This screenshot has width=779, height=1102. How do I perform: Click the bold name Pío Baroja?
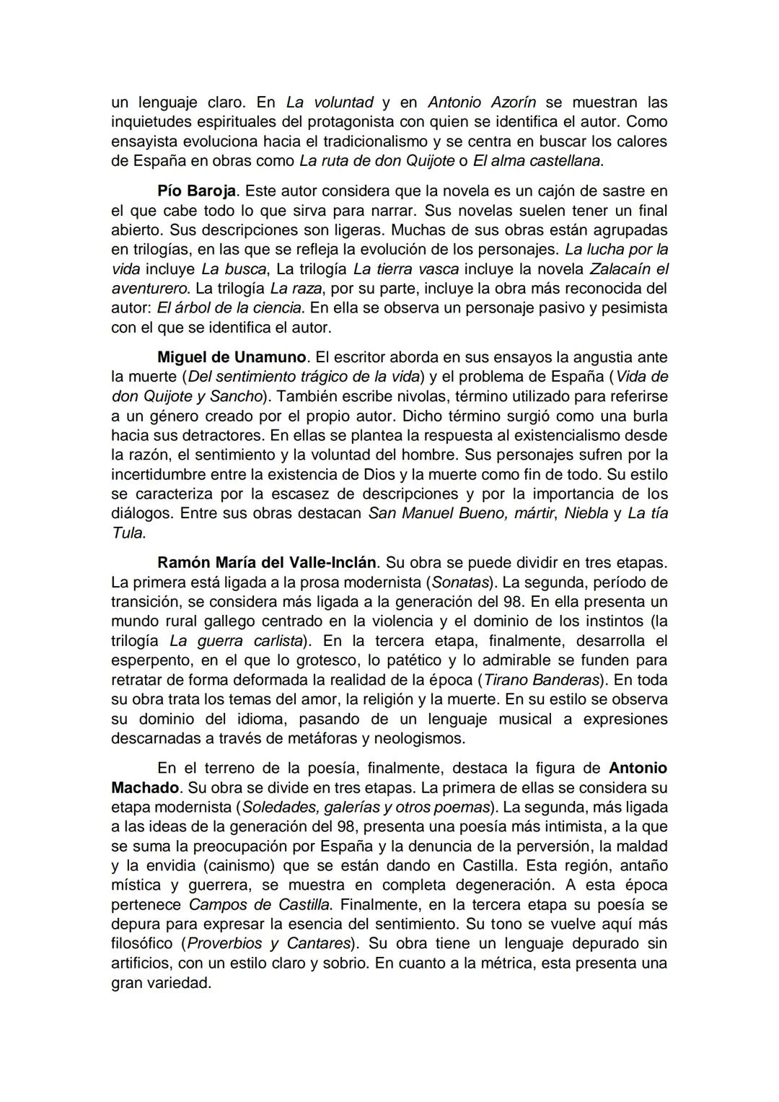click(x=196, y=191)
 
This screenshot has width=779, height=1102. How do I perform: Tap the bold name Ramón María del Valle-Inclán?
click(x=266, y=562)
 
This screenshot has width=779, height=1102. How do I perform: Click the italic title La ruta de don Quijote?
click(x=377, y=161)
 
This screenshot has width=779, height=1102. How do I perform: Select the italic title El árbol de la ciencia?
click(x=229, y=308)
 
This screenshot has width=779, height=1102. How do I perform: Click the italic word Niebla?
click(x=586, y=514)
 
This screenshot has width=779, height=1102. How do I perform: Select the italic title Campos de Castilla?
click(x=260, y=904)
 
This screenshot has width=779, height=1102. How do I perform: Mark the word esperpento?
click(x=152, y=660)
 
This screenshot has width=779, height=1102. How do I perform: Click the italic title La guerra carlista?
click(x=236, y=641)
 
